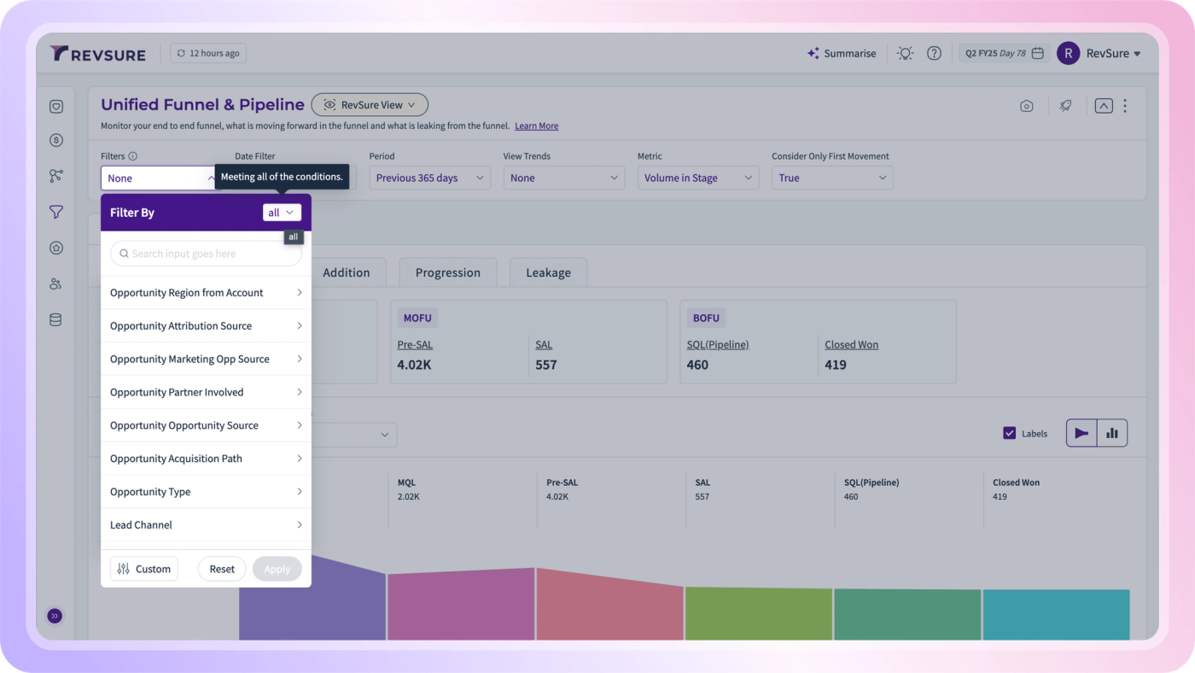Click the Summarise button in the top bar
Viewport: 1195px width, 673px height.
tap(842, 53)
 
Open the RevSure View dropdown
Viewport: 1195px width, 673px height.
tap(369, 104)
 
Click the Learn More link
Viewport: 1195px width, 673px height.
tap(536, 126)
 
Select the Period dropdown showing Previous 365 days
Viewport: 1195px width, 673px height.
tap(429, 178)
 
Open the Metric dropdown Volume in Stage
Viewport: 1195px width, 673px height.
tap(698, 178)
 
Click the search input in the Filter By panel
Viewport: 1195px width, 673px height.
tap(206, 254)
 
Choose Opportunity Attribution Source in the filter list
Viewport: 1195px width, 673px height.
tap(206, 325)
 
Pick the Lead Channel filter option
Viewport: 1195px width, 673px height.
tap(206, 524)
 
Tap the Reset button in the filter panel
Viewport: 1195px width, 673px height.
tap(222, 569)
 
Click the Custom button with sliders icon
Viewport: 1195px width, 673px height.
tap(144, 569)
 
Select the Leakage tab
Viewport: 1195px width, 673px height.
tap(548, 272)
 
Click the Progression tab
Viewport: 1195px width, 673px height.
tap(447, 272)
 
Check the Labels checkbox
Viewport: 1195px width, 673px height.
tap(1009, 433)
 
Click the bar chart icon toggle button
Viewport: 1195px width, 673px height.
tap(1111, 433)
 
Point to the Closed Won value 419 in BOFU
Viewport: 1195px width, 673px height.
tap(836, 365)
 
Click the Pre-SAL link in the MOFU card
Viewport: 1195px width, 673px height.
tap(415, 345)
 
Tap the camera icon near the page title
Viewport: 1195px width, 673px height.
tap(1026, 106)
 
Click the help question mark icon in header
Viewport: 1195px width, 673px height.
tap(934, 53)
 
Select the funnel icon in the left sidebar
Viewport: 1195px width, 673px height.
tap(56, 212)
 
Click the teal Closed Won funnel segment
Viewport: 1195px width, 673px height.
tap(1057, 614)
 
